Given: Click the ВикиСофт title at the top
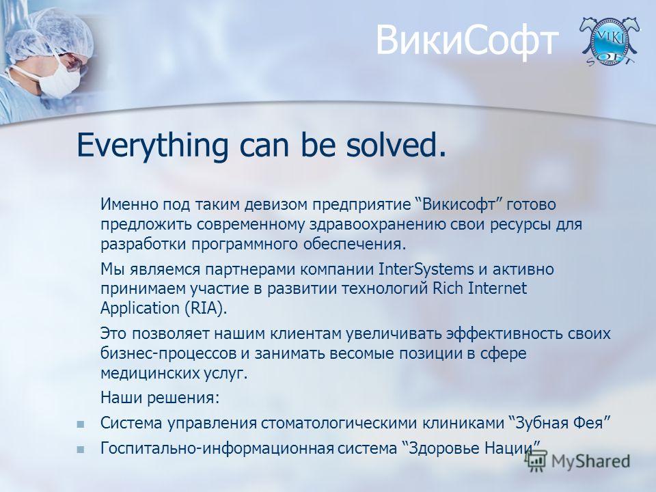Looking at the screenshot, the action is (467, 41).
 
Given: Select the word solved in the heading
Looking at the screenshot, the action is (396, 144).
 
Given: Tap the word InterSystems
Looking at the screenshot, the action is (426, 269).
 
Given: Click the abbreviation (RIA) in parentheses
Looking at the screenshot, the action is (206, 308).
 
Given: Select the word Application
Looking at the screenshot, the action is (140, 309).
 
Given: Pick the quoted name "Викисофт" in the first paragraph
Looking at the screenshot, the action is (460, 204).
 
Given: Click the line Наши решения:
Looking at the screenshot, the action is (160, 398).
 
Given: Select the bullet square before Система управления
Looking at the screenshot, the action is (81, 424).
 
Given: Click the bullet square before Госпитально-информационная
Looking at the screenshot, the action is (81, 450).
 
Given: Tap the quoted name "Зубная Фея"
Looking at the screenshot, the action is (560, 423).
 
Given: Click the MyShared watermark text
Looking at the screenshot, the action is (590, 461).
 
